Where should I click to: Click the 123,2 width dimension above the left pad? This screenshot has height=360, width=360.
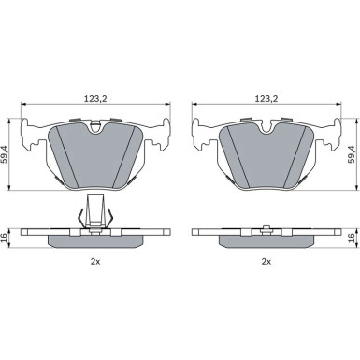pos(95,99)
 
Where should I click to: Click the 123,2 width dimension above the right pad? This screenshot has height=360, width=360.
pos(266,99)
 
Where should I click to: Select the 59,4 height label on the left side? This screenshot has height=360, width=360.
pos(5,154)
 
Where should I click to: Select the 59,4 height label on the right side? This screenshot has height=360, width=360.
pos(352,154)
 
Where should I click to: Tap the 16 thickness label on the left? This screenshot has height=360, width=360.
pos(5,238)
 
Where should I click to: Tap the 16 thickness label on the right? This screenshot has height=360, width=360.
pos(352,238)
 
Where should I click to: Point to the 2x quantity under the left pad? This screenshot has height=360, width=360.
pos(95,262)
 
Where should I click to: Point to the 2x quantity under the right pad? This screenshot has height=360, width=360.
pos(266,262)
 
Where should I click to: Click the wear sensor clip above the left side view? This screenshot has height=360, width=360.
pos(95,212)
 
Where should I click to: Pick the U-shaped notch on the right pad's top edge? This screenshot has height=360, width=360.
pos(266,128)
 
